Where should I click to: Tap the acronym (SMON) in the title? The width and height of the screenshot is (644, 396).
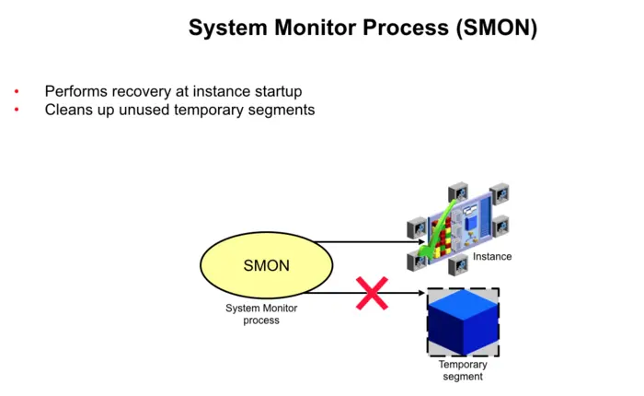click(495, 28)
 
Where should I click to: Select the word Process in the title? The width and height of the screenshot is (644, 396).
click(404, 28)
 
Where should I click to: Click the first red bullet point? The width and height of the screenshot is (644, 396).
click(17, 92)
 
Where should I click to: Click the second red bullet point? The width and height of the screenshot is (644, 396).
click(17, 111)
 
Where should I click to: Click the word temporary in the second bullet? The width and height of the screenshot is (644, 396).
click(207, 111)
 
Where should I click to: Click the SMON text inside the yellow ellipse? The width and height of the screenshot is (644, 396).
click(266, 266)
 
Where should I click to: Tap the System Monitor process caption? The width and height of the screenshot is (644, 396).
click(261, 314)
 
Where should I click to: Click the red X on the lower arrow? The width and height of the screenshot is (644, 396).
click(372, 294)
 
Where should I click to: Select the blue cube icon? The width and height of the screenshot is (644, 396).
click(463, 322)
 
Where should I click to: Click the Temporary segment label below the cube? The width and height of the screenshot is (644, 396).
click(462, 370)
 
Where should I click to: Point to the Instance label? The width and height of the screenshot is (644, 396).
click(491, 256)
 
